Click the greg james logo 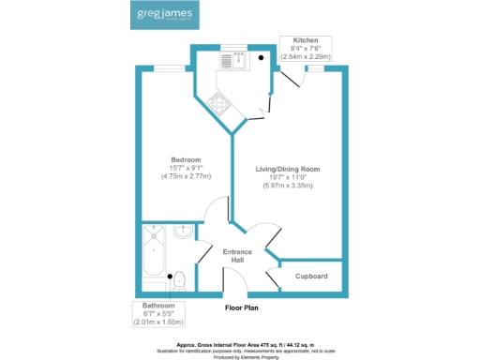[160, 17]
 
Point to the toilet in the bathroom [179, 279]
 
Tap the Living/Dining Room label [288, 169]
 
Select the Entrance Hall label [238, 257]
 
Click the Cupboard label [311, 276]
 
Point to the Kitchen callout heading [307, 41]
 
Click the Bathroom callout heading [158, 306]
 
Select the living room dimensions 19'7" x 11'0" [288, 177]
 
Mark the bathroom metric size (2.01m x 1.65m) [158, 322]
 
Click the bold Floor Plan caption [241, 307]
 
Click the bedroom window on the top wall [170, 67]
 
